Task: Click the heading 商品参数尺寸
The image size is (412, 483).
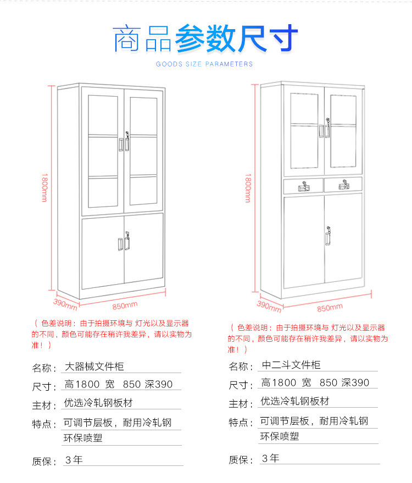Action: click(x=206, y=37)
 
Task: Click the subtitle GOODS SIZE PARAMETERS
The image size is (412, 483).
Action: click(x=204, y=64)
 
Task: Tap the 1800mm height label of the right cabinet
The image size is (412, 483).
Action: click(x=248, y=186)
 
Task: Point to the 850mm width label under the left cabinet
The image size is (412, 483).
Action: click(x=125, y=305)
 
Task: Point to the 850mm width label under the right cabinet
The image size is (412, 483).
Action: click(x=330, y=307)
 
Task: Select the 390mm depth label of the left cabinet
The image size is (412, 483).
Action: click(x=65, y=302)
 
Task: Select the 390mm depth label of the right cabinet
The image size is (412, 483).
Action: click(x=269, y=304)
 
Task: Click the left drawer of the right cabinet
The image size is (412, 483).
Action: click(x=303, y=185)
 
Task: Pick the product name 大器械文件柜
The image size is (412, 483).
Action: click(x=91, y=367)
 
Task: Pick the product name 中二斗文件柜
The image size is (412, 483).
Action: click(x=291, y=365)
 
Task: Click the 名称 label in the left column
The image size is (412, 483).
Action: click(x=44, y=368)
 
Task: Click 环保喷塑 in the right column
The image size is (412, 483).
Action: click(x=280, y=437)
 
